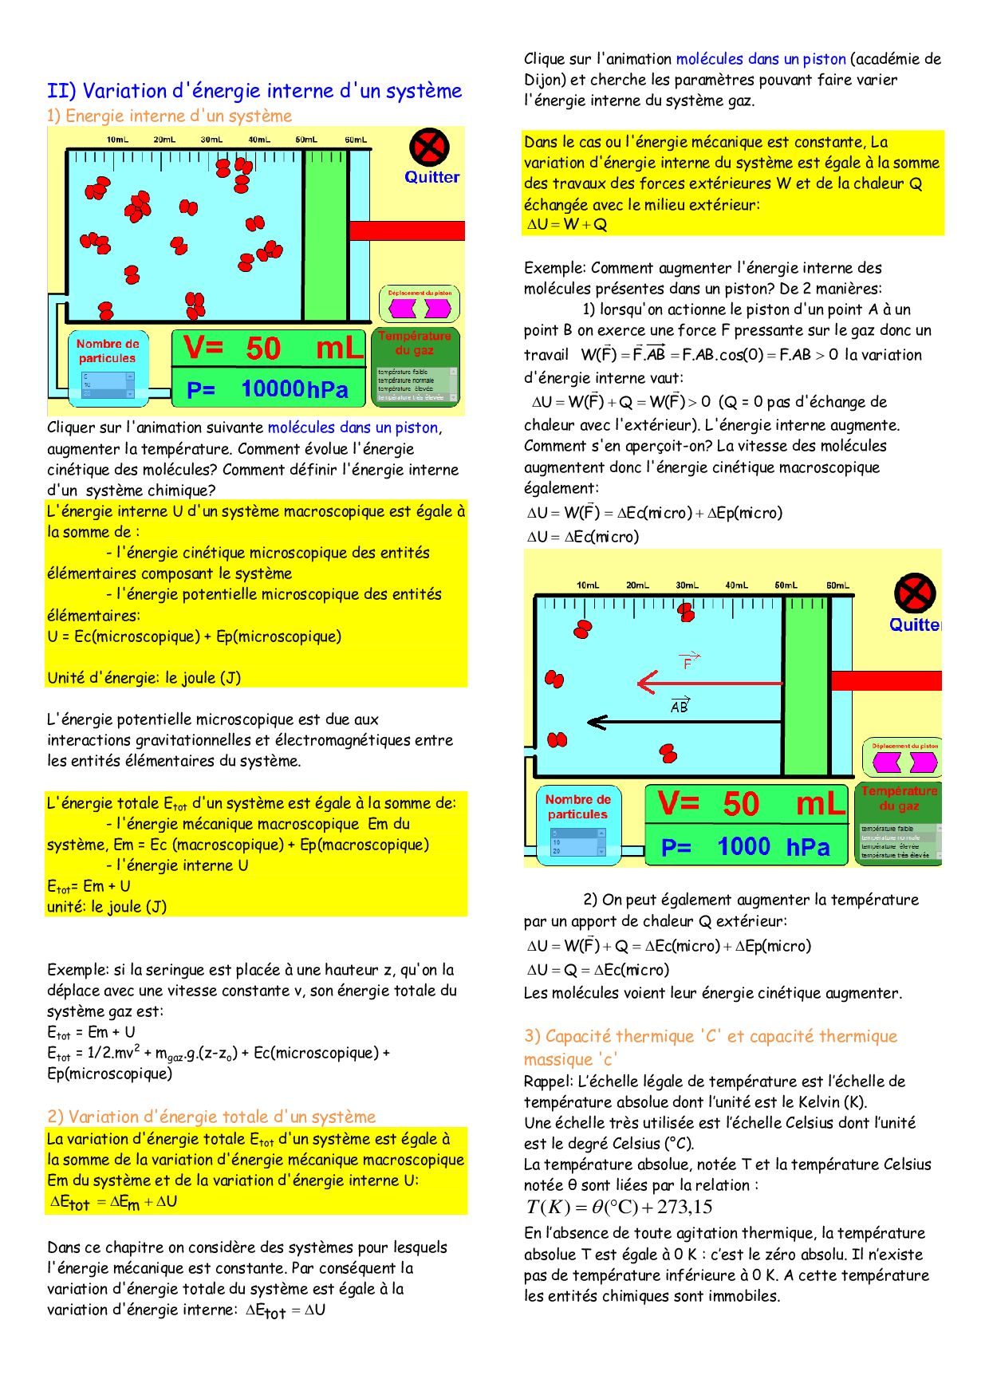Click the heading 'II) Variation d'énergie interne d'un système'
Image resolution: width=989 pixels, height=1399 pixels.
(254, 91)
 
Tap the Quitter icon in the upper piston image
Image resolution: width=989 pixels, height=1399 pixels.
(429, 148)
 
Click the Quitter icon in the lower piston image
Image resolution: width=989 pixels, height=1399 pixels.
(914, 594)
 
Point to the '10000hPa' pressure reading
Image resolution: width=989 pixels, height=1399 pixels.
(294, 389)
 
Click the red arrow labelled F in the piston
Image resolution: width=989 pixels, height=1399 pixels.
(710, 683)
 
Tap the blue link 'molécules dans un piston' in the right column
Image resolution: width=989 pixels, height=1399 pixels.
(761, 59)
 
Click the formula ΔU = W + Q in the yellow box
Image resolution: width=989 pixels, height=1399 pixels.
(567, 225)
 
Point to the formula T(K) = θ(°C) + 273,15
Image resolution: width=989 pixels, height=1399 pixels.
(619, 1208)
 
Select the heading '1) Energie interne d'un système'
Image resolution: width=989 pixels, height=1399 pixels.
(169, 116)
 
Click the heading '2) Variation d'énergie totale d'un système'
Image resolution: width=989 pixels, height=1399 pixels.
(211, 1117)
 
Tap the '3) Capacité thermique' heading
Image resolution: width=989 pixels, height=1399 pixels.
(710, 1036)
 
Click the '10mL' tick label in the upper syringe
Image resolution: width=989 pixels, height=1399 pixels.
(117, 140)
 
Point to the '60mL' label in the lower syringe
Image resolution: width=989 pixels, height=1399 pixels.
(837, 585)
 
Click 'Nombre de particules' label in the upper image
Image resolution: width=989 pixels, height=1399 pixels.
(108, 351)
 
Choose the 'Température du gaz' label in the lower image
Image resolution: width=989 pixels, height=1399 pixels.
(900, 798)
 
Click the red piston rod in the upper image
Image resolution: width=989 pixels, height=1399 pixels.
(407, 231)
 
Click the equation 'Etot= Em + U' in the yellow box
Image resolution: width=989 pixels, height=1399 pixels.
(89, 886)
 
